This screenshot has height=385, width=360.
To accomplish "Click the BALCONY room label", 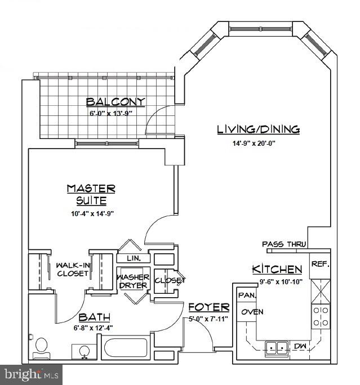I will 115,102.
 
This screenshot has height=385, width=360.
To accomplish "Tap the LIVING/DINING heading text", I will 258,129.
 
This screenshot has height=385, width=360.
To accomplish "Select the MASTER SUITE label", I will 91,194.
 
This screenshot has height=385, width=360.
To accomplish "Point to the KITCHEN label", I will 277,269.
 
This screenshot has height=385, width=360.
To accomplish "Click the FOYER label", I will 208,307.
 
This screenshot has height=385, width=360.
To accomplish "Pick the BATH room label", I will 94,318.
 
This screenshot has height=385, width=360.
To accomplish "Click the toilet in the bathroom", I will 41,346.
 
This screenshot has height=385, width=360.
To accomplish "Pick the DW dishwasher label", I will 301,346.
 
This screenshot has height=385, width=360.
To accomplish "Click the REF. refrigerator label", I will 321,263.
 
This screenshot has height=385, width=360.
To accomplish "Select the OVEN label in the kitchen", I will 249,312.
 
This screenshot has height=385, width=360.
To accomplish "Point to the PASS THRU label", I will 284,244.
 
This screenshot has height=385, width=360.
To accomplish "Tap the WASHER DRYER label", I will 133,281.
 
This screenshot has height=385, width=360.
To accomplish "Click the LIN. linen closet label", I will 134,259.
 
